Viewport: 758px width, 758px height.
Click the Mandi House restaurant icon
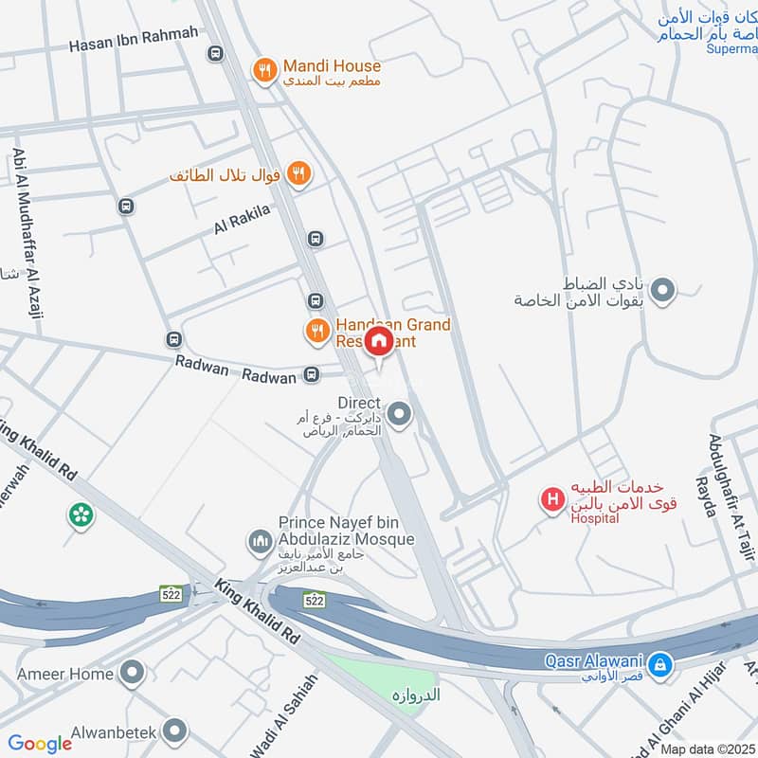click(264, 68)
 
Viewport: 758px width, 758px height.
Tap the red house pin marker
click(379, 341)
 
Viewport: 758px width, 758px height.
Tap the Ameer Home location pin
click(134, 674)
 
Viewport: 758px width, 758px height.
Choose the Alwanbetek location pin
click(173, 731)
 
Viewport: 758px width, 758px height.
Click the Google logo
click(40, 744)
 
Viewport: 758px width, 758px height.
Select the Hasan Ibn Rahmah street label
click(134, 38)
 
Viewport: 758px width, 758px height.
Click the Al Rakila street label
click(243, 219)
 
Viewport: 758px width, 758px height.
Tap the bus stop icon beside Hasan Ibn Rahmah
click(215, 55)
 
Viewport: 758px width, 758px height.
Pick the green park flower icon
click(81, 515)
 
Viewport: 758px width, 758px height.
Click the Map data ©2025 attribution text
click(707, 749)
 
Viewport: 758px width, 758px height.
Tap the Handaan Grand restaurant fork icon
click(316, 331)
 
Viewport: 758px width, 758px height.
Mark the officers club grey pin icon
click(662, 291)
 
